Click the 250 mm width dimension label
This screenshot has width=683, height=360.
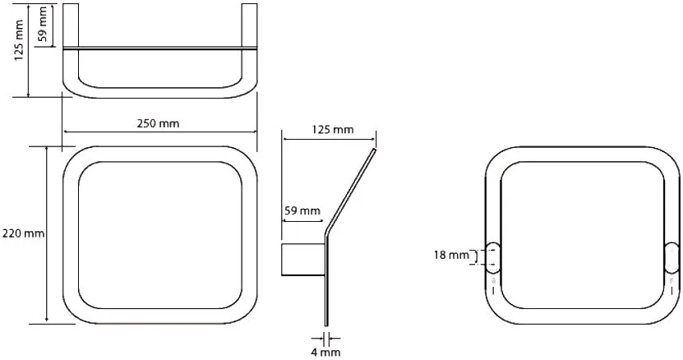click(x=158, y=123)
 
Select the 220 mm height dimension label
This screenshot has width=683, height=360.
click(x=23, y=233)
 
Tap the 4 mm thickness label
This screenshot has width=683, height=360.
click(x=325, y=352)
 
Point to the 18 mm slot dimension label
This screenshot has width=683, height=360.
click(x=451, y=255)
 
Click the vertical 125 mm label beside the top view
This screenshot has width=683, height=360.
click(x=19, y=40)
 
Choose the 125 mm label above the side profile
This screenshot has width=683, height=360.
click(x=333, y=129)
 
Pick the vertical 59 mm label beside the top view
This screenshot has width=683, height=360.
click(x=42, y=24)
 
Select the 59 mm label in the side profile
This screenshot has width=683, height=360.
click(x=302, y=211)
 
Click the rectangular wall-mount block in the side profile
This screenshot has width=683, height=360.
click(x=302, y=260)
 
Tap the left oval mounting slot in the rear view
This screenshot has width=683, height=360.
click(x=493, y=256)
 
